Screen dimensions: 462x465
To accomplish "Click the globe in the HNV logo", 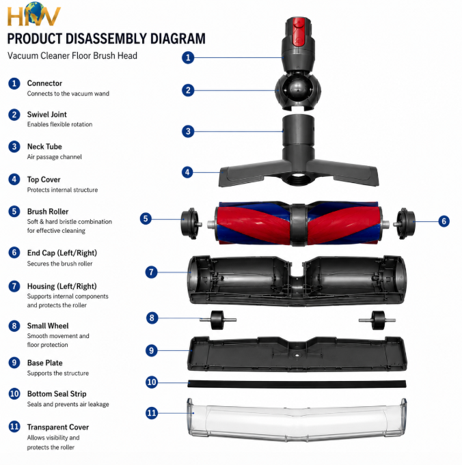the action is pyautogui.click(x=34, y=12).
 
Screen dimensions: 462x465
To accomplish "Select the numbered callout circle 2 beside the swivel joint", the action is pyautogui.click(x=188, y=90).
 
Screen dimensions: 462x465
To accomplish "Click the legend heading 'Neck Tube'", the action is pyautogui.click(x=44, y=147).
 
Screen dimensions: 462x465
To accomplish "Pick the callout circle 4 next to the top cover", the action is pyautogui.click(x=188, y=172).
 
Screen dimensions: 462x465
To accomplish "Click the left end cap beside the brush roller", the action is pyautogui.click(x=191, y=223).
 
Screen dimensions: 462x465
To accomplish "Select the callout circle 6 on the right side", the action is pyautogui.click(x=444, y=221).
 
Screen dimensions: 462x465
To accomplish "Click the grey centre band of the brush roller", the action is pyautogui.click(x=299, y=225).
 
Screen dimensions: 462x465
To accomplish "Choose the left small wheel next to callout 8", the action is pyautogui.click(x=217, y=320).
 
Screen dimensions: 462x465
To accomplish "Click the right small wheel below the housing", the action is pyautogui.click(x=378, y=320).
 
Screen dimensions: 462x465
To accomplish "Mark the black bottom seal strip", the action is pyautogui.click(x=297, y=384).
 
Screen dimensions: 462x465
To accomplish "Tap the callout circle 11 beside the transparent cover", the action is pyautogui.click(x=152, y=413).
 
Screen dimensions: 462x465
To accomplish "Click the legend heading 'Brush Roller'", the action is pyautogui.click(x=48, y=212).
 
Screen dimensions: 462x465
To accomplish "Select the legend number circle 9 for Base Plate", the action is pyautogui.click(x=14, y=363).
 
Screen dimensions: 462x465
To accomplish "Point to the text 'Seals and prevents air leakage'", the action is pyautogui.click(x=68, y=404).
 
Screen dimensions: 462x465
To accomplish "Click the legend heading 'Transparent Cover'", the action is pyautogui.click(x=58, y=427).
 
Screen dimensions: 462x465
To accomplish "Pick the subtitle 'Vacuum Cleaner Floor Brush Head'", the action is pyautogui.click(x=72, y=56).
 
